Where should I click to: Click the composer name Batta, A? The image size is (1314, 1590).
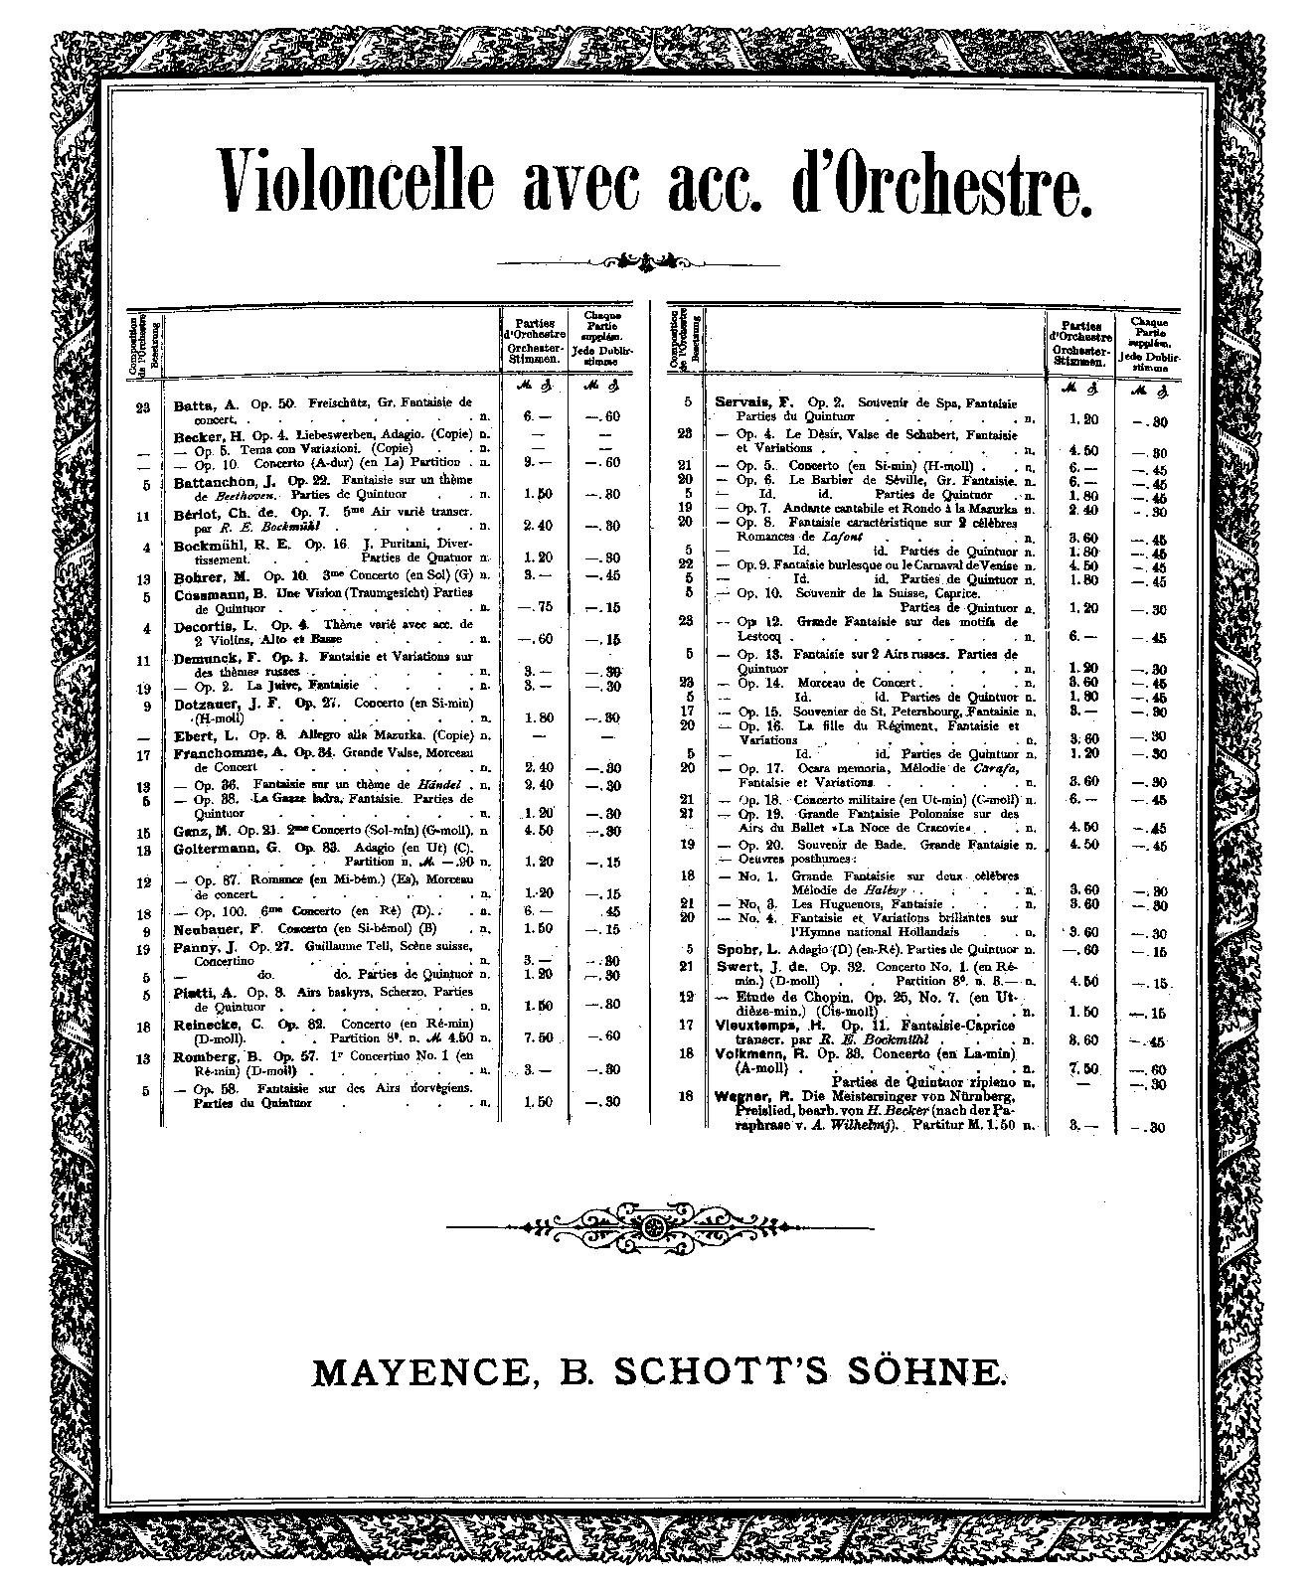(x=207, y=404)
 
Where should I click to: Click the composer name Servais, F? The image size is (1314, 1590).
(x=753, y=402)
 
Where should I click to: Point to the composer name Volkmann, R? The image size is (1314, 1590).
(x=757, y=1054)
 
